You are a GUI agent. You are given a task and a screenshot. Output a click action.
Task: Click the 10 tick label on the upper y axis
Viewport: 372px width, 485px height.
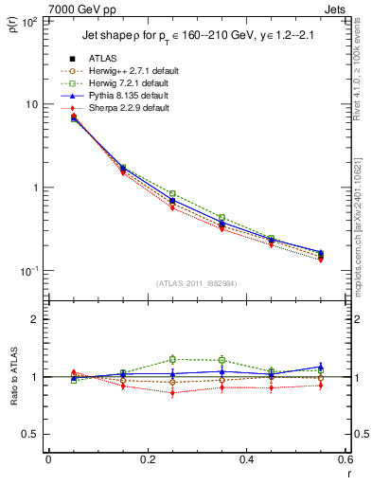31,104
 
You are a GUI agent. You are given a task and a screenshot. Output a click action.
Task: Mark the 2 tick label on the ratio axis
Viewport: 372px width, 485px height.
35,320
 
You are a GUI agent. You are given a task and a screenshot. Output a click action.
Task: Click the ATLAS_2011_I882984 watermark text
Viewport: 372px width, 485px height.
197,282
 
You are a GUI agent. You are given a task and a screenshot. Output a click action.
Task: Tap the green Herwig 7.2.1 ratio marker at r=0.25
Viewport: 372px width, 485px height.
172,359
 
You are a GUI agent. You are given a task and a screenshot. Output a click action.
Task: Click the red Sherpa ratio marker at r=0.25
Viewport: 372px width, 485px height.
172,392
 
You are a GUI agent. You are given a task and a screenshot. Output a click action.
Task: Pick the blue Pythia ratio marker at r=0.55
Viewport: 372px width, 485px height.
321,368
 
